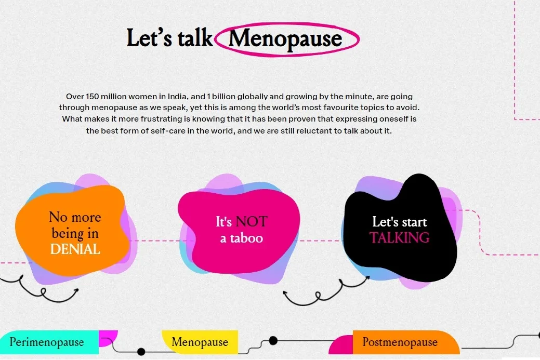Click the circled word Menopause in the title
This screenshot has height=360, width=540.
[285, 39]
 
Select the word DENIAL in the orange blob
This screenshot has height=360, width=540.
[75, 249]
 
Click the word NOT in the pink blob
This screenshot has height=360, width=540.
[252, 222]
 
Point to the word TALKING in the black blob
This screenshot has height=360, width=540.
[400, 238]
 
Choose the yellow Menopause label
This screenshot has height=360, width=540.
[200, 342]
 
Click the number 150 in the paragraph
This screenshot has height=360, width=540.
[92, 97]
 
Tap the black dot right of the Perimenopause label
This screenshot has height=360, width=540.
[141, 351]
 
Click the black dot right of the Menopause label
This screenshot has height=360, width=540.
[273, 341]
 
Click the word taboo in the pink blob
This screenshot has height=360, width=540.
[246, 238]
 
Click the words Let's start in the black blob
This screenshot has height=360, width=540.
[400, 222]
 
